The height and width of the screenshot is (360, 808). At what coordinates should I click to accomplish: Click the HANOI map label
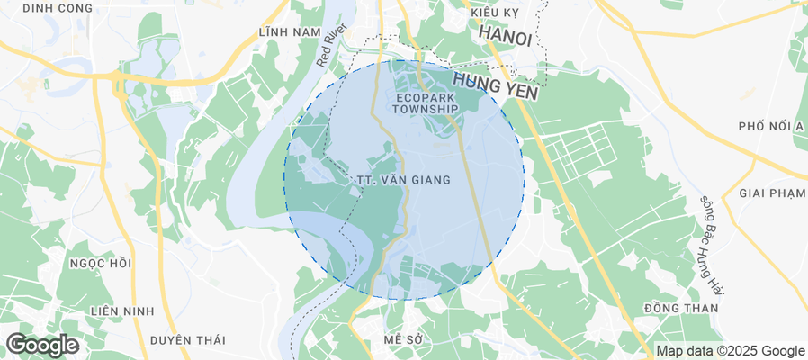(506, 33)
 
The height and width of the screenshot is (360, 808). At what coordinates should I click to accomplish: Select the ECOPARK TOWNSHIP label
(426, 102)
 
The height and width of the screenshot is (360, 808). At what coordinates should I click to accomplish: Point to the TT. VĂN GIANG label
(403, 180)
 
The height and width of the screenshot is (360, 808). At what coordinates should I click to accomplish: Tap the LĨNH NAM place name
(289, 32)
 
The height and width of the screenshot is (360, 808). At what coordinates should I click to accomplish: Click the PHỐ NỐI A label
(770, 126)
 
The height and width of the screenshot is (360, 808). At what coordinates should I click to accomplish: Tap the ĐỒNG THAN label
(681, 309)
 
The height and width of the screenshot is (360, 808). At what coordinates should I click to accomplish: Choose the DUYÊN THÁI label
(187, 339)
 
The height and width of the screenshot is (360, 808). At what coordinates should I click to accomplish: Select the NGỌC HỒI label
(100, 264)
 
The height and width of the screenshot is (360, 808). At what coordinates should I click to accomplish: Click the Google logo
(41, 345)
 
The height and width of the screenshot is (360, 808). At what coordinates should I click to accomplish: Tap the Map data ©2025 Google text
(730, 351)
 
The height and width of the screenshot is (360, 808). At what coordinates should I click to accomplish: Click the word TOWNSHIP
(426, 109)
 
